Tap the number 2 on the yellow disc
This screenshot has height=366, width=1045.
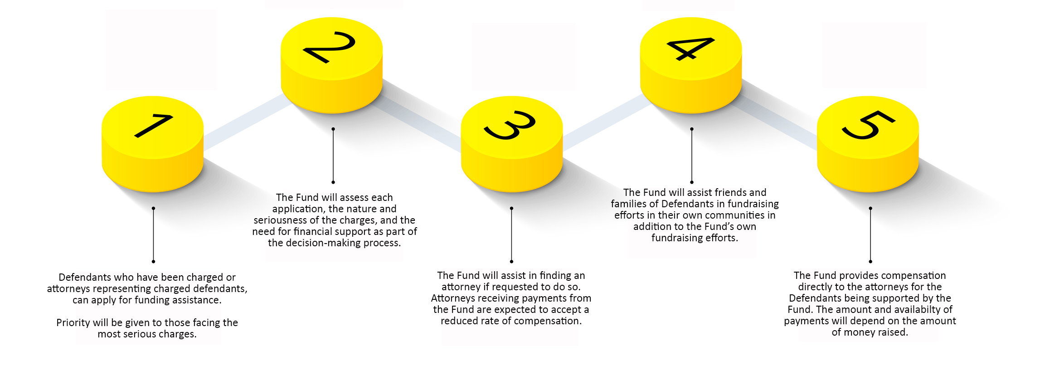tap(330, 47)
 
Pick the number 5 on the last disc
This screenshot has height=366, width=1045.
tap(868, 125)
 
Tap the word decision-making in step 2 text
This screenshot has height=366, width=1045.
tap(333, 243)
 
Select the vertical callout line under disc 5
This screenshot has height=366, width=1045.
tap(870, 235)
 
